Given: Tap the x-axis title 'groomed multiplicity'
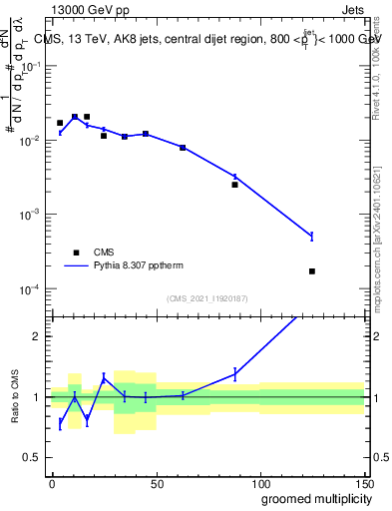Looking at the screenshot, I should (312, 498).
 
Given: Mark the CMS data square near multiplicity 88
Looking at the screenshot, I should (234, 185).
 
